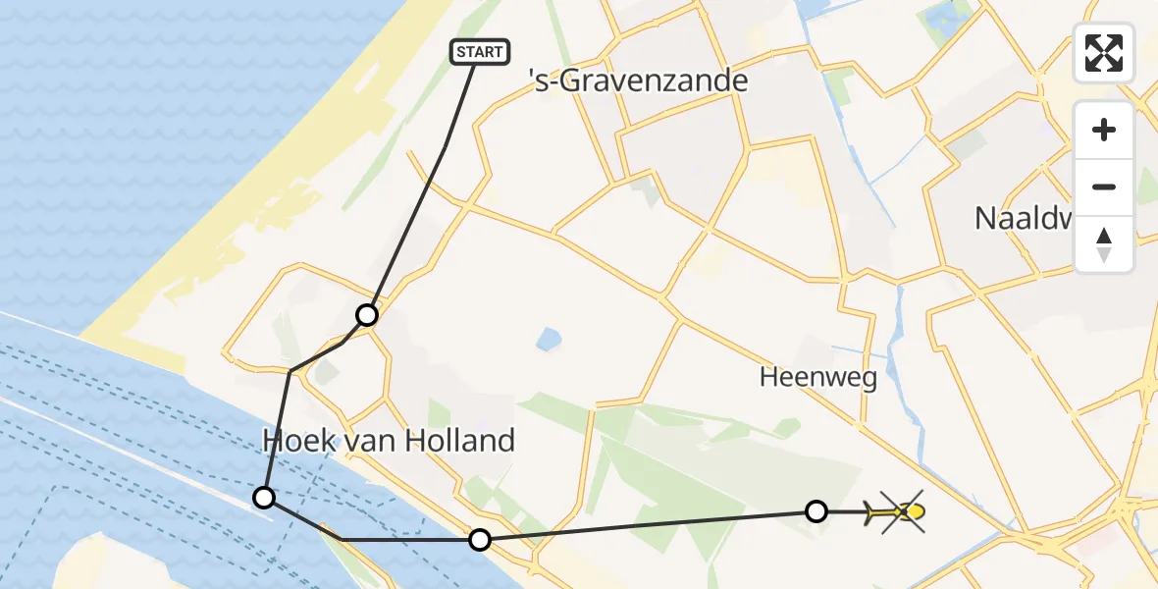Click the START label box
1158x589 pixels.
click(x=480, y=52)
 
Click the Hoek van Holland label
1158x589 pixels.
click(x=389, y=441)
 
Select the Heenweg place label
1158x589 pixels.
click(x=818, y=378)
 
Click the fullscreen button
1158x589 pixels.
click(x=1104, y=53)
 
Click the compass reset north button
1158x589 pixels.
click(x=1104, y=244)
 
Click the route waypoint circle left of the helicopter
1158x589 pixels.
click(x=816, y=510)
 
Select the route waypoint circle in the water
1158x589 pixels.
click(x=264, y=497)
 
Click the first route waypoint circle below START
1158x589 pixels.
click(x=367, y=315)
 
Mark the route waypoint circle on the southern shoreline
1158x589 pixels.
click(x=479, y=539)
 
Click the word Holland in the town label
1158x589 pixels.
click(x=461, y=441)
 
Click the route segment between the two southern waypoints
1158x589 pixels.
click(x=648, y=525)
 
